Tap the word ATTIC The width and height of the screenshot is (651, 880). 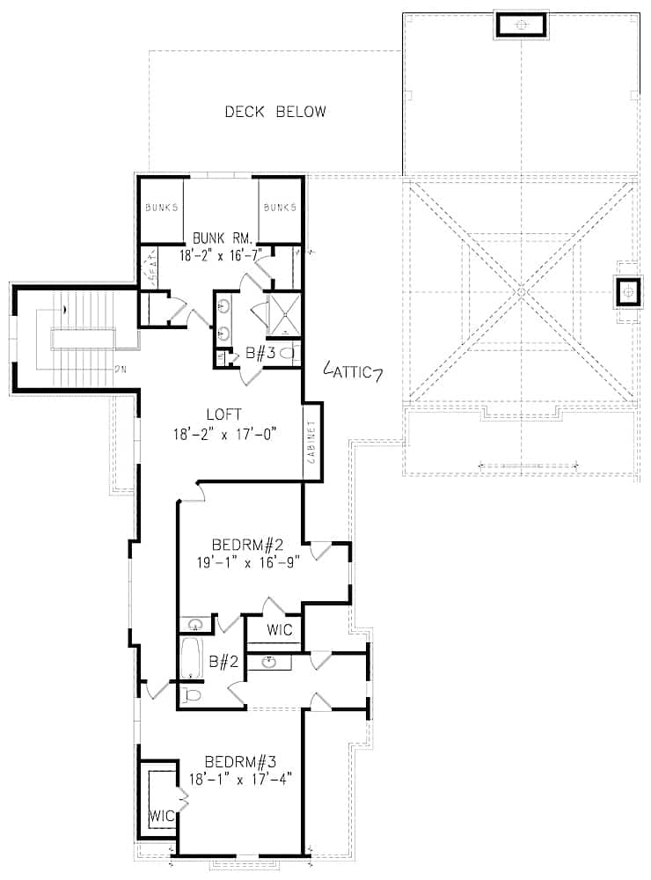point(352,373)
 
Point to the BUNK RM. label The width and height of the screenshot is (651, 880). point(223,238)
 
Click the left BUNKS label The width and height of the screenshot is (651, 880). point(162,208)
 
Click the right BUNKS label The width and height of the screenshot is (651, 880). point(280,208)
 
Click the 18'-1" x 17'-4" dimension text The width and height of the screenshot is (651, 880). point(239,779)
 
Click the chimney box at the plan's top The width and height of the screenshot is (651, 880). point(522,25)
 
